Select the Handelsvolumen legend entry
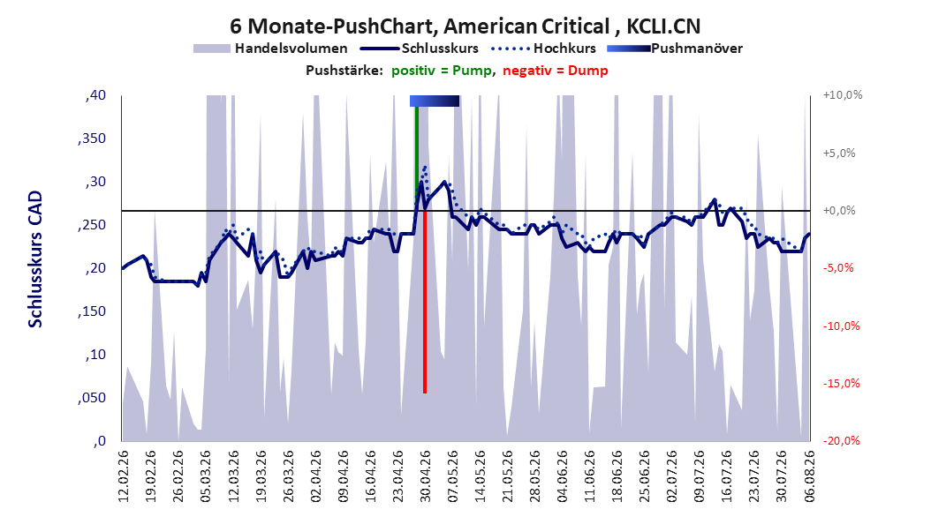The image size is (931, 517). [271, 49]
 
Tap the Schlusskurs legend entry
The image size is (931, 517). [420, 49]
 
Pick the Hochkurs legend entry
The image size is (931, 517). [544, 49]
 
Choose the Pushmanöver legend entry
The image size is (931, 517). [675, 49]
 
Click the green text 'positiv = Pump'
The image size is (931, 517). [441, 71]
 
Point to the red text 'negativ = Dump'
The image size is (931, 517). [556, 71]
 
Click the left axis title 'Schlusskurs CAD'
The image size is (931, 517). [35, 259]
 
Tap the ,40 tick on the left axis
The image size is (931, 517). [95, 95]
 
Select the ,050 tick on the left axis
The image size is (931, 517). [92, 398]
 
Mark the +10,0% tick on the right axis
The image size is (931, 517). [843, 95]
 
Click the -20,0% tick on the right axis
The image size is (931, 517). [841, 440]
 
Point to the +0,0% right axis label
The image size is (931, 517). [839, 211]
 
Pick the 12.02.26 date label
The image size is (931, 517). [124, 476]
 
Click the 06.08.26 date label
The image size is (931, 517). [809, 476]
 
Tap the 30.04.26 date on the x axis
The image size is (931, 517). [425, 476]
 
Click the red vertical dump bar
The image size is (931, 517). [425, 301]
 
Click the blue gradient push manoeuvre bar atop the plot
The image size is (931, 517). [435, 101]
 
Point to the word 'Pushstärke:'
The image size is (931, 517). [344, 71]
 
